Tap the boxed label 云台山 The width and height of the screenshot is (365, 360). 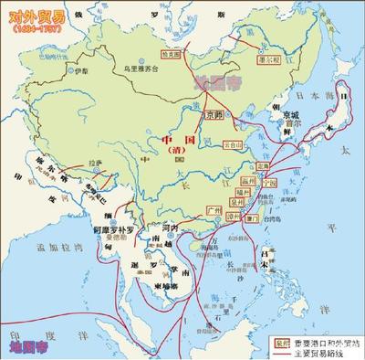[x=233, y=145]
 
